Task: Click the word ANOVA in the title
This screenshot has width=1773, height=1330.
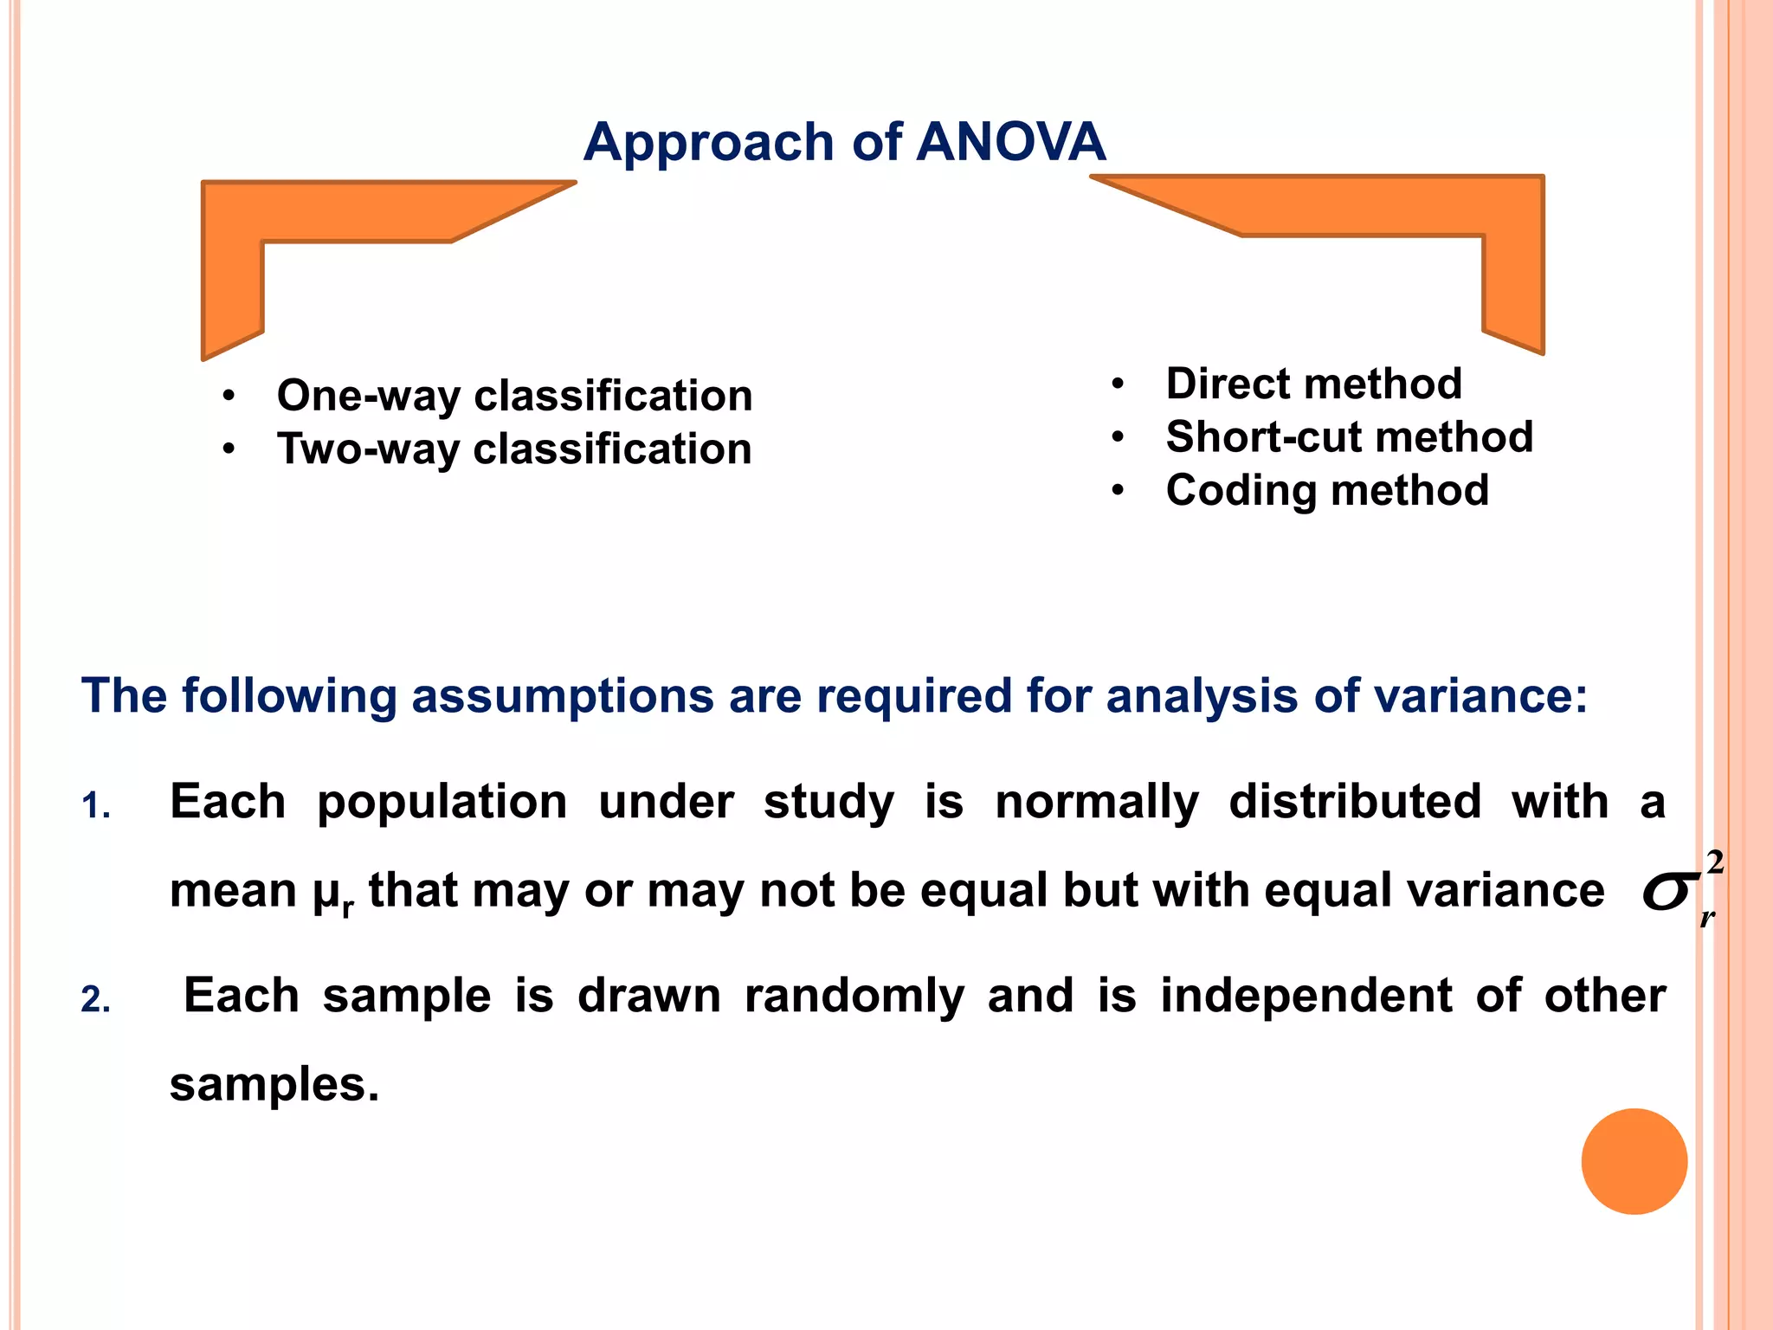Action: [x=1010, y=141]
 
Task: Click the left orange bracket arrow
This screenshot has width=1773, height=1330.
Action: [x=232, y=260]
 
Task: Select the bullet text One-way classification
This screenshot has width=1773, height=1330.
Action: [x=514, y=396]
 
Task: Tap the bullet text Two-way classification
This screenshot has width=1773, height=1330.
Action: [x=514, y=449]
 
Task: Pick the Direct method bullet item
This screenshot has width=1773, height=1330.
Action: [x=1313, y=384]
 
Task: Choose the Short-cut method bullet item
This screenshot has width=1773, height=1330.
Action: [x=1349, y=436]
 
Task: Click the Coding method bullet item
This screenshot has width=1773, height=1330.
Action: [x=1326, y=490]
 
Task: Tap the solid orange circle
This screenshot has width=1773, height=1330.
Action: [x=1634, y=1161]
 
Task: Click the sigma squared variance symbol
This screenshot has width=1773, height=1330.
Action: [x=1680, y=890]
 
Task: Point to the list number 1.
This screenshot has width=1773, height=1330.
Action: [x=95, y=807]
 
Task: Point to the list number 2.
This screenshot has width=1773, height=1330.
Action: [x=95, y=1001]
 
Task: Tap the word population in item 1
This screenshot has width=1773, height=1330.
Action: [x=442, y=802]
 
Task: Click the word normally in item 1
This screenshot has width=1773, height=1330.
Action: [x=1096, y=802]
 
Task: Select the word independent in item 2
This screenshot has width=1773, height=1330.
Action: [x=1306, y=996]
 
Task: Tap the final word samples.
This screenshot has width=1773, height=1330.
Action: [x=274, y=1085]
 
